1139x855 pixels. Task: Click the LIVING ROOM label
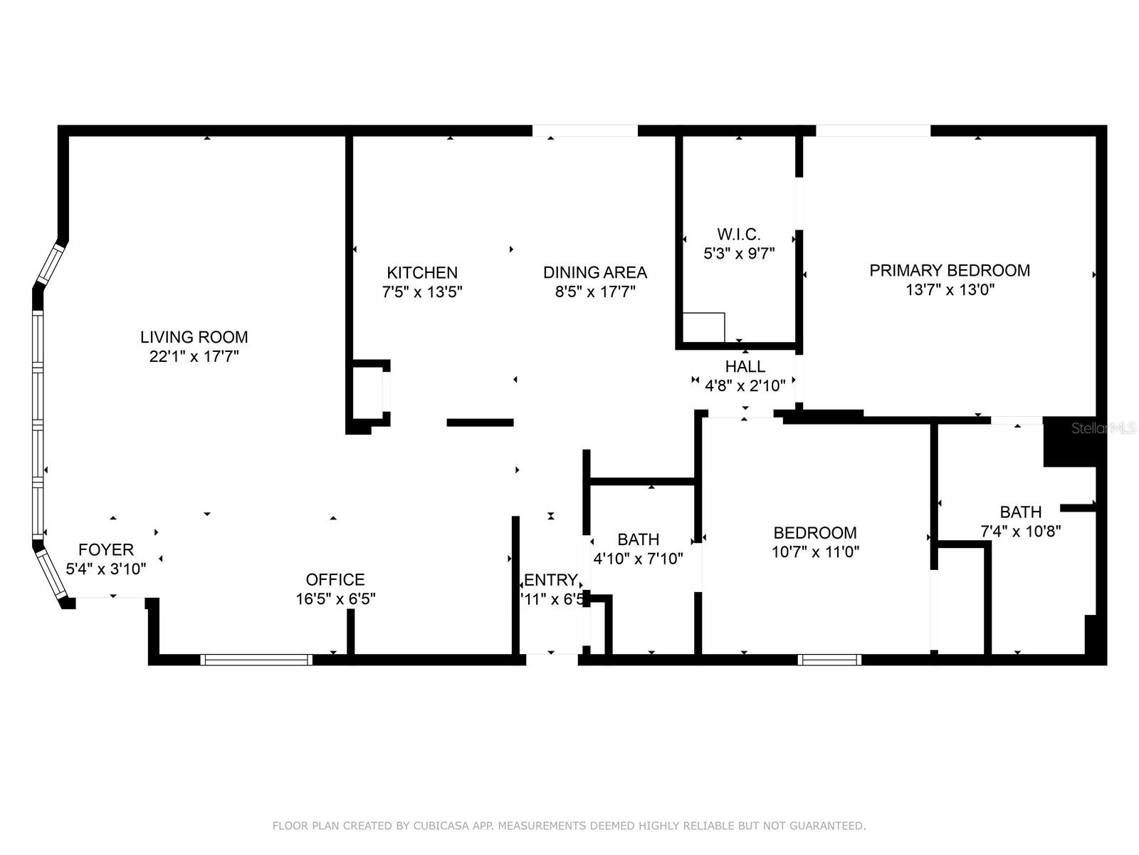[x=194, y=337]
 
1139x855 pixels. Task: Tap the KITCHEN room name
[x=422, y=272]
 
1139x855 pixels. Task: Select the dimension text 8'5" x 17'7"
[x=595, y=291]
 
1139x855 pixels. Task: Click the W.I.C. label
[x=738, y=234]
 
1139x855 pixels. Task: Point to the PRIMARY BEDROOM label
[x=950, y=270]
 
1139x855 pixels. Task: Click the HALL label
[x=745, y=366]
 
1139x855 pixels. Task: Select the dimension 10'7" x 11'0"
[x=815, y=551]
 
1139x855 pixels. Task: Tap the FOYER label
[x=106, y=549]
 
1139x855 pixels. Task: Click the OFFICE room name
[x=335, y=579]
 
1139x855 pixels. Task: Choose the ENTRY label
[x=550, y=579]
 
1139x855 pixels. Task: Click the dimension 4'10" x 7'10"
[x=638, y=559]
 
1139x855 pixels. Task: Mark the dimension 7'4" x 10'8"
[x=1021, y=531]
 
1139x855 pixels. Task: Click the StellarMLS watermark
[x=1104, y=428]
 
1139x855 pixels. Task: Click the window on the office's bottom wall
[x=256, y=660]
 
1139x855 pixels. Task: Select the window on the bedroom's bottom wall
[x=829, y=660]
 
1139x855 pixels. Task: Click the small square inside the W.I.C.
[x=703, y=328]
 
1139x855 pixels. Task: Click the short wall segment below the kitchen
[x=480, y=423]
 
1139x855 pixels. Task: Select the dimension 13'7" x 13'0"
[x=950, y=289]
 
